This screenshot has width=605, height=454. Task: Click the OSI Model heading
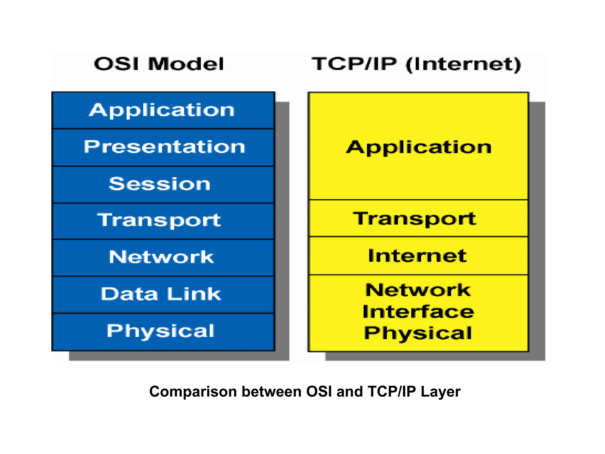(159, 64)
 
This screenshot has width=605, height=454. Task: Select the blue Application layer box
(163, 110)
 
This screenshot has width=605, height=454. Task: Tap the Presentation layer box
(163, 147)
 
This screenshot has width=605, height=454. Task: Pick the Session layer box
(163, 184)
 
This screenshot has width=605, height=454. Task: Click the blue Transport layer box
(163, 220)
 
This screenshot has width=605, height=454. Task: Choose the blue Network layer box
(163, 257)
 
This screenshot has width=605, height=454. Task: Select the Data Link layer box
(163, 294)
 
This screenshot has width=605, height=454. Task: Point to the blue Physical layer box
(163, 331)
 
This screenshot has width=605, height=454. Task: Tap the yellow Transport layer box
(418, 219)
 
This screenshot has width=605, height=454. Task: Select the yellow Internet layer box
(418, 256)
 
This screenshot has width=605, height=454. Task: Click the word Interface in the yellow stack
(418, 312)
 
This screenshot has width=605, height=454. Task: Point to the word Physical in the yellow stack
(418, 333)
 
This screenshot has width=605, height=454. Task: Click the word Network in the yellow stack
(418, 290)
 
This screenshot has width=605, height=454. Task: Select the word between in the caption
(272, 392)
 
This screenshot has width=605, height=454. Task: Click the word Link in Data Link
(194, 294)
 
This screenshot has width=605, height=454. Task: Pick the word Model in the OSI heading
(186, 64)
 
